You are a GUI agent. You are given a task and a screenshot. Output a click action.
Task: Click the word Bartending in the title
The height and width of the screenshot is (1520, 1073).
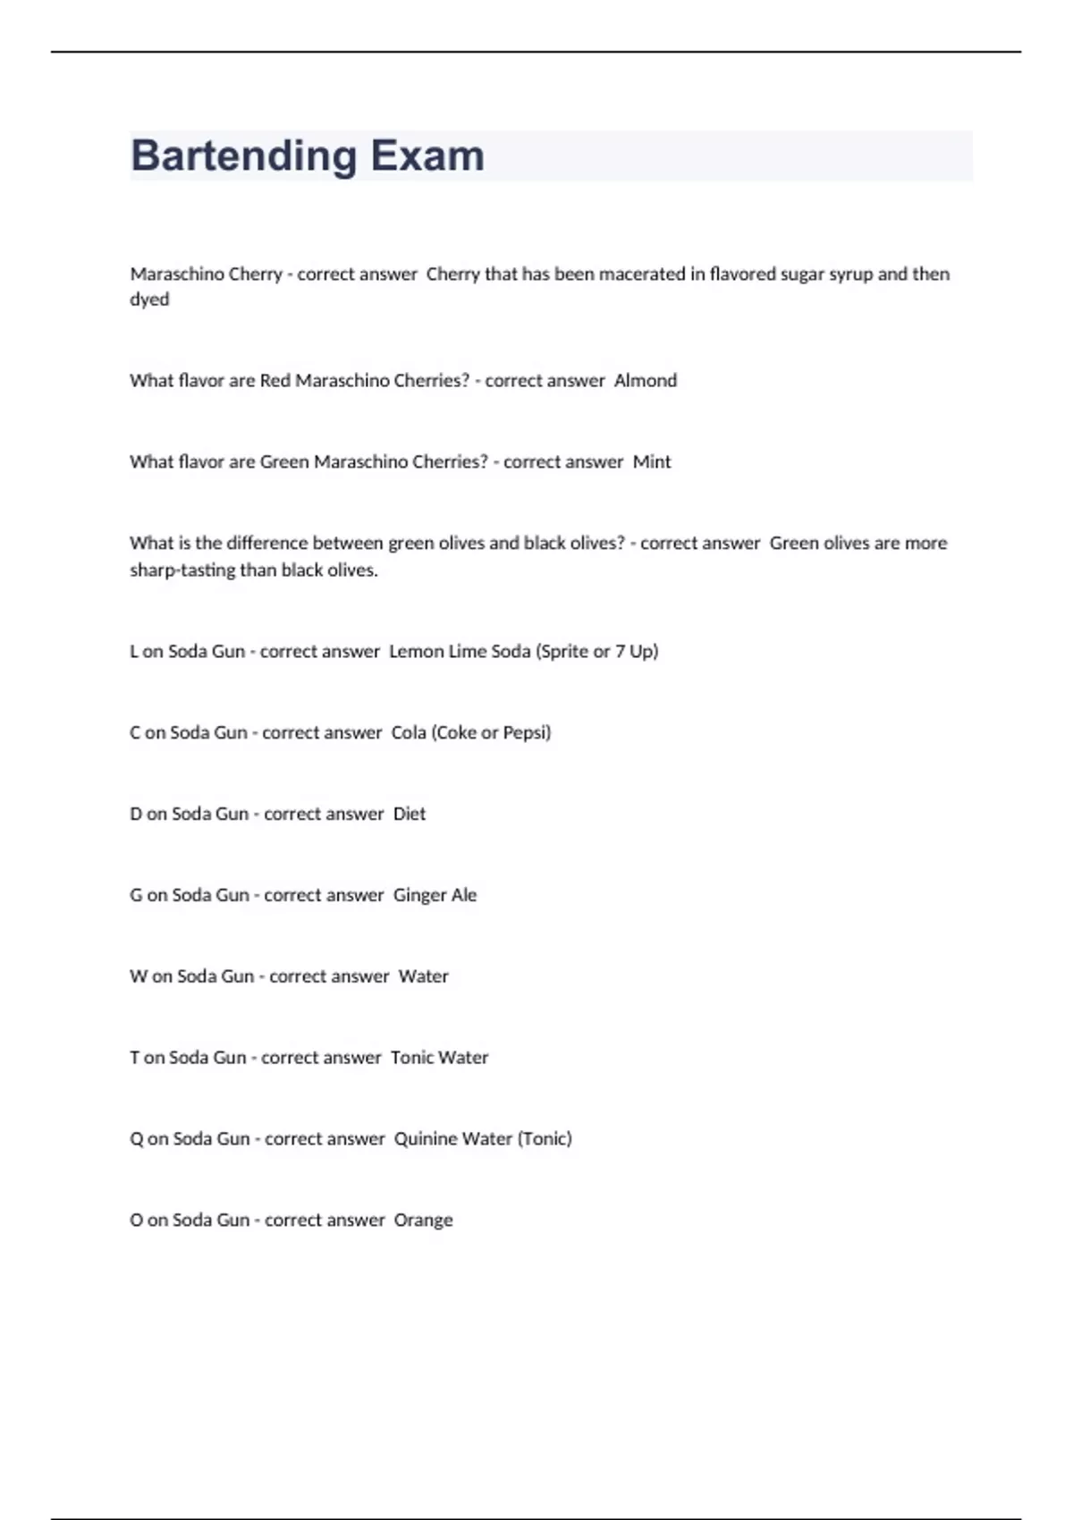point(243,156)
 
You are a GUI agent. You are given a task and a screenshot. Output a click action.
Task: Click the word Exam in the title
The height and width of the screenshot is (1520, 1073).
point(427,156)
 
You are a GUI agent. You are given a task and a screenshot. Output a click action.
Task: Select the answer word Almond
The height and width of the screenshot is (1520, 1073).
point(645,381)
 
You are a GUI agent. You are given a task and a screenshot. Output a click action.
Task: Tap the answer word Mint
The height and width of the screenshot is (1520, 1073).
point(652,462)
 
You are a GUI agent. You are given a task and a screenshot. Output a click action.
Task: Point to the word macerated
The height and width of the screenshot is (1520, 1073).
point(641,274)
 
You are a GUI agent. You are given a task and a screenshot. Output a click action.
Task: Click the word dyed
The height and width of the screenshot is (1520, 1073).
point(149,300)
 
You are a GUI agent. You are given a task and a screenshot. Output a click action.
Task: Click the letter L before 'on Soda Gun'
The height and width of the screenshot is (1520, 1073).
point(134,652)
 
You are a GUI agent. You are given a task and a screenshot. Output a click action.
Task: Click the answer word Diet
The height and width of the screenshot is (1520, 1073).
point(410,815)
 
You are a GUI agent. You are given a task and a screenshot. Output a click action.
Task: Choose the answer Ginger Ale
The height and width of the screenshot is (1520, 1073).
point(435,896)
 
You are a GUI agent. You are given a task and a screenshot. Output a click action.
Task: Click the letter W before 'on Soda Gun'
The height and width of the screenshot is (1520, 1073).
point(139,976)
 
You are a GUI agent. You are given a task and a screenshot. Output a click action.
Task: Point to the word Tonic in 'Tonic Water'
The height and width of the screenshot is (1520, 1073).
point(412,1058)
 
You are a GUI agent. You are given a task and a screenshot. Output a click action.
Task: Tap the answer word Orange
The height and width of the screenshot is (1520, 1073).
point(423,1220)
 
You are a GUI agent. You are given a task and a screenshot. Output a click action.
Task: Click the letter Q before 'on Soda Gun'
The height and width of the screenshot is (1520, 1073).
point(137,1139)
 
